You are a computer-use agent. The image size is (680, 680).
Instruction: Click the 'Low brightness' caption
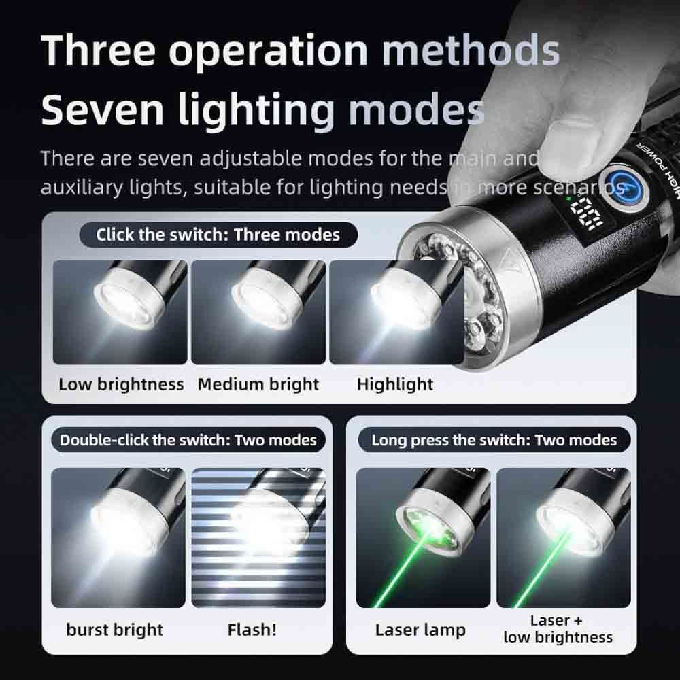click(x=121, y=385)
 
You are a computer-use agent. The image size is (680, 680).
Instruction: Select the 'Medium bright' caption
click(x=258, y=384)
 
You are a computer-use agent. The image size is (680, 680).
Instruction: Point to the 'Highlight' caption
click(x=394, y=384)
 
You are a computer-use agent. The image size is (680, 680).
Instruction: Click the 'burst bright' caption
click(x=114, y=630)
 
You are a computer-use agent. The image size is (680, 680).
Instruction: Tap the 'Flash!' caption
click(x=252, y=630)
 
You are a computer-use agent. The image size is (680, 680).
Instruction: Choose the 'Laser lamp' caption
click(x=420, y=630)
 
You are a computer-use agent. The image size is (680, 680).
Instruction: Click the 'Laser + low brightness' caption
click(x=558, y=629)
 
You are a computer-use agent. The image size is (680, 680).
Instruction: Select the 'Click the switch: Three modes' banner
click(x=218, y=235)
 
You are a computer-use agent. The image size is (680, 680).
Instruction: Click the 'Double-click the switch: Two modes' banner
click(x=188, y=440)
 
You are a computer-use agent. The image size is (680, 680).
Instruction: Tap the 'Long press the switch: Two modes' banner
click(x=494, y=440)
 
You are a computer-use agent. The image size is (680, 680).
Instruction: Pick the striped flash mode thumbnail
click(x=258, y=538)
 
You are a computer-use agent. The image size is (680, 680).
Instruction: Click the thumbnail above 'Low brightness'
click(x=120, y=312)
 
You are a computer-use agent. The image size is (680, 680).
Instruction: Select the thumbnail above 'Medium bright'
click(x=258, y=312)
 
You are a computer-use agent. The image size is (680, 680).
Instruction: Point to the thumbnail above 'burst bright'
click(x=118, y=538)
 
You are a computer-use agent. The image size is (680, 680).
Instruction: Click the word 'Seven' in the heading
click(x=103, y=109)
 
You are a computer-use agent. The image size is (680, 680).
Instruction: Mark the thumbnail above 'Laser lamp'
click(x=423, y=538)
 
